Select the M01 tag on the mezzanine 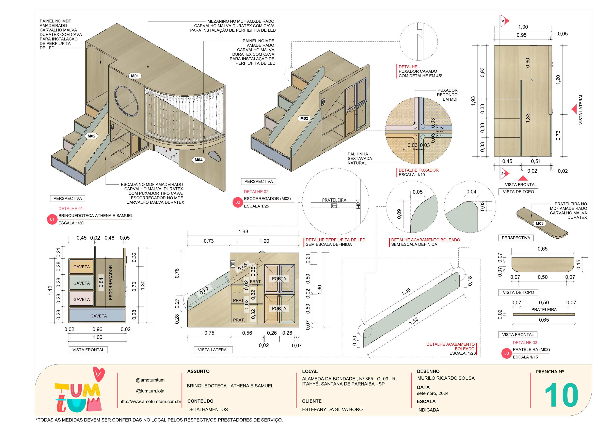135,76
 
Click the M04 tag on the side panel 199,160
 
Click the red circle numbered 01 52,219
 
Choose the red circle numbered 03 506,353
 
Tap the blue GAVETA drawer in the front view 98,316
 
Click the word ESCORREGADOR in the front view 111,283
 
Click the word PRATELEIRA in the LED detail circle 334,200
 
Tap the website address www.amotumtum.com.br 150,402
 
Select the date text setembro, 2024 433,393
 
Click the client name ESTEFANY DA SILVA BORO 332,409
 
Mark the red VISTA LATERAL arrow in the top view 574,109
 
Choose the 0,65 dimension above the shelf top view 543,249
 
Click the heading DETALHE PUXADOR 418,170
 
